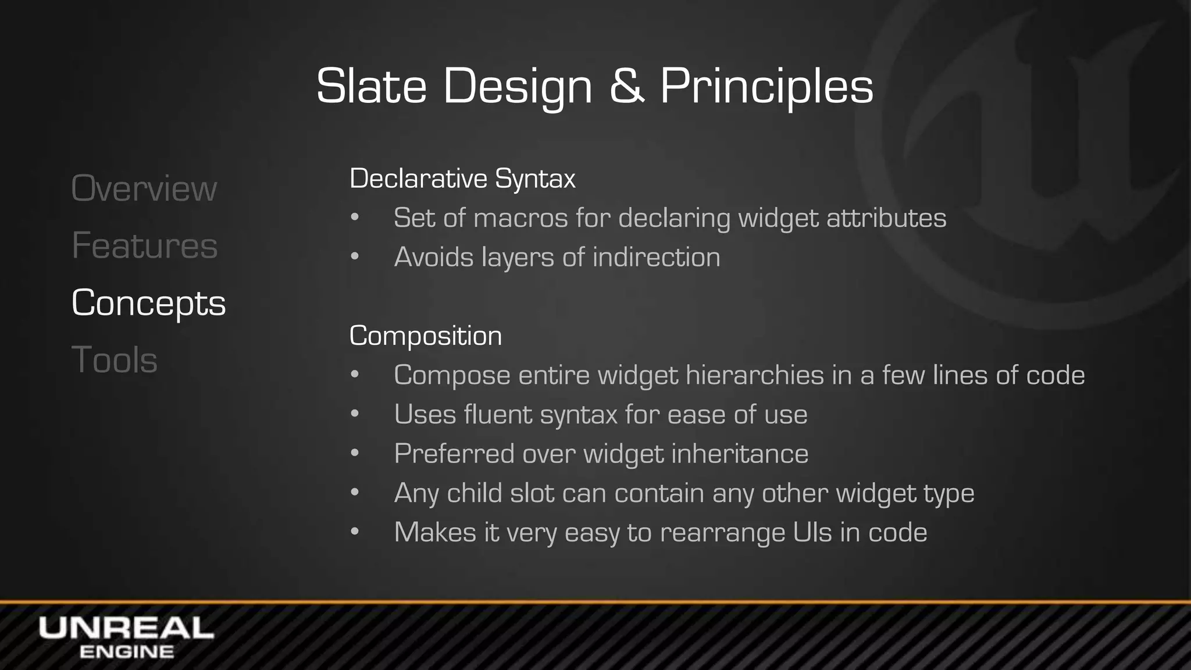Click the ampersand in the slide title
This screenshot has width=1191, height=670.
(x=627, y=87)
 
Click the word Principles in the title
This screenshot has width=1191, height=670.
(x=766, y=87)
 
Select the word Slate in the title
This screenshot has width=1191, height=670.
(x=371, y=87)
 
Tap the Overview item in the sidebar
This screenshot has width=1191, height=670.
(x=144, y=189)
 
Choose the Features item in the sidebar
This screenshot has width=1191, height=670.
(x=144, y=245)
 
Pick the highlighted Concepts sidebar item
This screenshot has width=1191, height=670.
(x=148, y=303)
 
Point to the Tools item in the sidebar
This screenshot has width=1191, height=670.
(x=114, y=359)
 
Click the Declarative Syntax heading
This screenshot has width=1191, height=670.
(x=462, y=179)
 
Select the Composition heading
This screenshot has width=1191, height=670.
(x=425, y=336)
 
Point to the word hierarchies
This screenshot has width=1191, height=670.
(x=754, y=375)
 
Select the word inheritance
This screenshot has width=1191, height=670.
(x=740, y=454)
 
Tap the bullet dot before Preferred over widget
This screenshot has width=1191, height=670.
(x=355, y=454)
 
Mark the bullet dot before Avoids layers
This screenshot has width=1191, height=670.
(x=355, y=258)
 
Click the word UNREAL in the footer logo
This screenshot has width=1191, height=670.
(x=126, y=629)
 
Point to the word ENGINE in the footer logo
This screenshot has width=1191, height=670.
(x=126, y=652)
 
